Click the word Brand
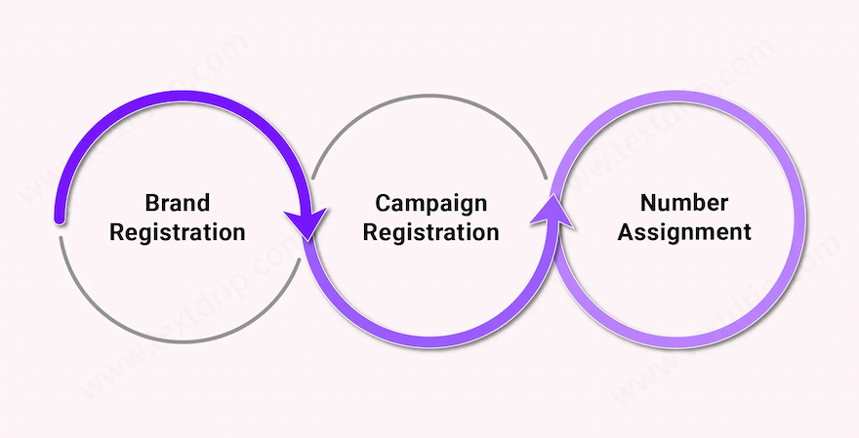177,203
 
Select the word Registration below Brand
177,232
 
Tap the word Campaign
430,203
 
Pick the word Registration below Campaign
430,232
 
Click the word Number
684,203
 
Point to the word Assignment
684,232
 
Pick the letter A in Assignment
625,232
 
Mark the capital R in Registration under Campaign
369,232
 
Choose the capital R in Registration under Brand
116,232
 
